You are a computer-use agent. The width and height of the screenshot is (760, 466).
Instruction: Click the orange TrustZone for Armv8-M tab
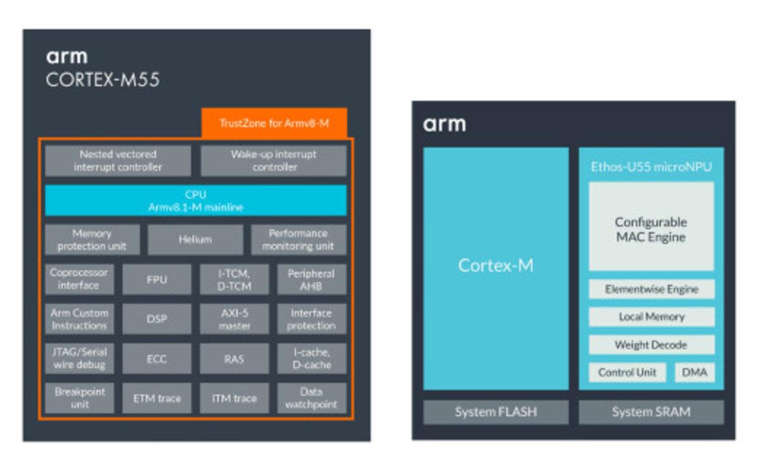(x=274, y=123)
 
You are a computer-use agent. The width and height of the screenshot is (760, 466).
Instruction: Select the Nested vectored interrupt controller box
(x=118, y=161)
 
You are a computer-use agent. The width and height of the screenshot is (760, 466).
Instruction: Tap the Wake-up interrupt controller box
(x=274, y=161)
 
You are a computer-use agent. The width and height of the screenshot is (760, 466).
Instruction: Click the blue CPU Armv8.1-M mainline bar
(x=196, y=200)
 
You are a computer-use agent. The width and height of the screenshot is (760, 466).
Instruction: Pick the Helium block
(x=195, y=240)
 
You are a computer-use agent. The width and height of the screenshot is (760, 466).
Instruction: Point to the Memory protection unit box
(x=92, y=240)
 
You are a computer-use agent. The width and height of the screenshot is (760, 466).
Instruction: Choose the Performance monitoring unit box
(x=299, y=240)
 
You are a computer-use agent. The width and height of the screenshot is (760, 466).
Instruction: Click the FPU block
(x=156, y=280)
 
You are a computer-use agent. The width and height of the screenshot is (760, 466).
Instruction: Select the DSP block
(x=156, y=319)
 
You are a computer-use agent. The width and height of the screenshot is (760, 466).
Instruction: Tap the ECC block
(x=156, y=359)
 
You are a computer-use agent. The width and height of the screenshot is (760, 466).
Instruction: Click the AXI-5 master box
(x=234, y=319)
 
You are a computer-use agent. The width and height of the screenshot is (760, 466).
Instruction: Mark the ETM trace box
(x=156, y=398)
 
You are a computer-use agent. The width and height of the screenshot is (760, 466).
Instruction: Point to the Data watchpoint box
(x=312, y=398)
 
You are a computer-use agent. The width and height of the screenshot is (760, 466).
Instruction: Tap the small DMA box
(x=695, y=372)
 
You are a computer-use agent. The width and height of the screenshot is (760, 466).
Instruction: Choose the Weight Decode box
(x=651, y=345)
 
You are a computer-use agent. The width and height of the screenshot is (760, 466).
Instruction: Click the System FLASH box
(x=496, y=412)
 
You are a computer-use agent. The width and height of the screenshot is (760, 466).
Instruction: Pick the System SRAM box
(x=651, y=412)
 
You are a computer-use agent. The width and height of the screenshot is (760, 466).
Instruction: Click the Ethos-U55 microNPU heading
(x=651, y=167)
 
